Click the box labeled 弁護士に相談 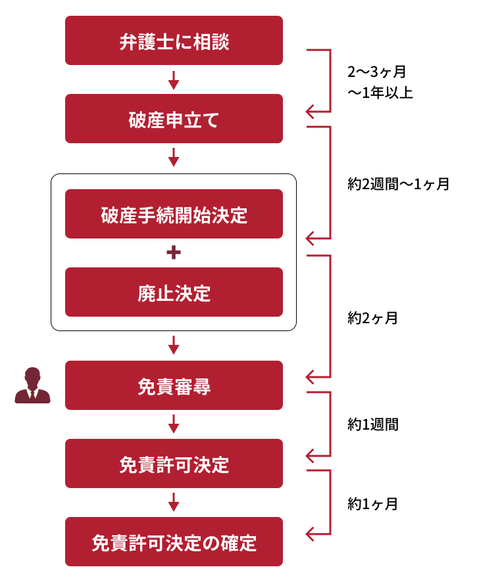[174, 40]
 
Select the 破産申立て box [174, 118]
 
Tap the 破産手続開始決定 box [174, 214]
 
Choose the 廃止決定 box [174, 292]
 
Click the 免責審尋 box [174, 386]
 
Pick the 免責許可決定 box [174, 463]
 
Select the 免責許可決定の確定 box [174, 541]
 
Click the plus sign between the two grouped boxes [174, 253]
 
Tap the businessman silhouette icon [33, 386]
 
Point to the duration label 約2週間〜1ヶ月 [398, 184]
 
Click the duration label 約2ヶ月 [372, 318]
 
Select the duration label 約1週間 [373, 424]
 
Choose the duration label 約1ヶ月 [372, 504]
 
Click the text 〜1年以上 [380, 93]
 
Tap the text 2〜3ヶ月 [376, 72]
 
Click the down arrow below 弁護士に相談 [174, 80]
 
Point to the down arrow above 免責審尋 [174, 345]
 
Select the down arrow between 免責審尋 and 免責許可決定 [174, 424]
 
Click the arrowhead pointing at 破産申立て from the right [309, 112]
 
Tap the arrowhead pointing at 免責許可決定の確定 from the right [309, 534]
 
